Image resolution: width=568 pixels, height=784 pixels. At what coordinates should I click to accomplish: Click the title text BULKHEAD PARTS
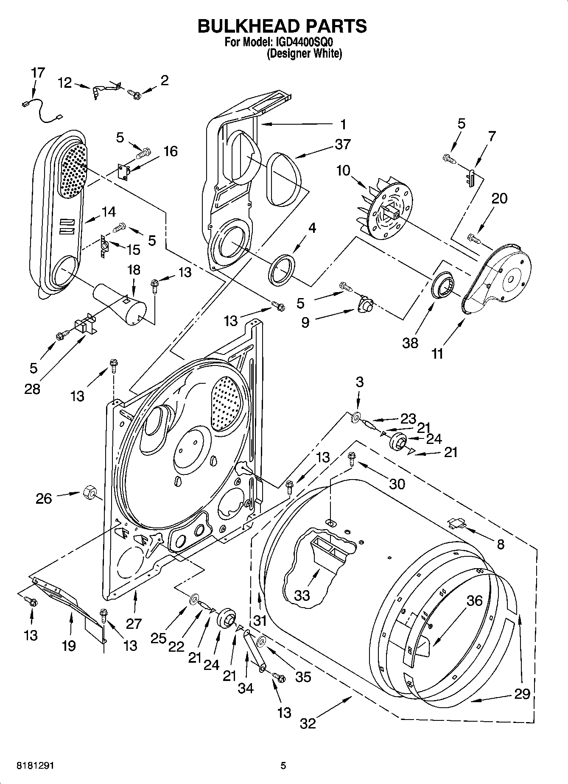pyautogui.click(x=283, y=26)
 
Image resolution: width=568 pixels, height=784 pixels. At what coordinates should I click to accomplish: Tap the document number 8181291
pyautogui.click(x=36, y=766)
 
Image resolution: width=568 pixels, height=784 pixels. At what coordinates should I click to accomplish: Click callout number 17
pyautogui.click(x=38, y=73)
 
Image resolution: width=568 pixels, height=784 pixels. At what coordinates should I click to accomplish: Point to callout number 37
pyautogui.click(x=342, y=144)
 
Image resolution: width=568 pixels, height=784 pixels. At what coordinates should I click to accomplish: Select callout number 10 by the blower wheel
pyautogui.click(x=343, y=171)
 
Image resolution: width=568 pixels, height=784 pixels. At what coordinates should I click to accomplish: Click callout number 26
pyautogui.click(x=44, y=498)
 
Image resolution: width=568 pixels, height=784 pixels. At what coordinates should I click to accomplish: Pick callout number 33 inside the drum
pyautogui.click(x=302, y=595)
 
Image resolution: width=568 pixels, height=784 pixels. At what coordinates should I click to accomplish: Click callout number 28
pyautogui.click(x=32, y=388)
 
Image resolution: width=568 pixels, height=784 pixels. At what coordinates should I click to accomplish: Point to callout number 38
pyautogui.click(x=410, y=343)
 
